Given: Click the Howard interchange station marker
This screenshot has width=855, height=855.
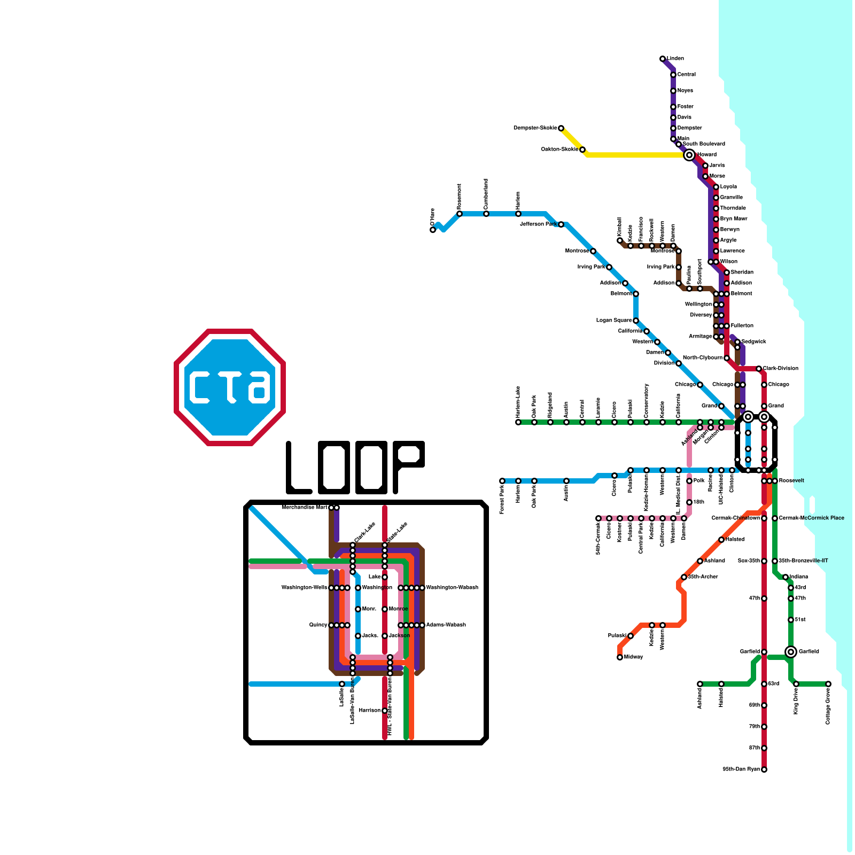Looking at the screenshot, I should click(689, 155).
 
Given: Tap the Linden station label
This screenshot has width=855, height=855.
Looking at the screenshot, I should click(675, 59).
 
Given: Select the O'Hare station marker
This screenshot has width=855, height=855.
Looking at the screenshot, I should click(433, 230).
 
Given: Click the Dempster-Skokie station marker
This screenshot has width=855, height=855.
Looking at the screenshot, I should click(561, 128).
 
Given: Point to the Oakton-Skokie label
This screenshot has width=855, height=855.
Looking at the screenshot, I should click(559, 150).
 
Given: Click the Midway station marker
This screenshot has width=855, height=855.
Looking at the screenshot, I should click(620, 657).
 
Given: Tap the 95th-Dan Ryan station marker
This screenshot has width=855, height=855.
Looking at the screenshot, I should click(764, 770).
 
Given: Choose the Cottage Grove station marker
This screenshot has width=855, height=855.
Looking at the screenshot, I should click(828, 684).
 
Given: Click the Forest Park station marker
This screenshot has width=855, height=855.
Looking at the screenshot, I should click(502, 481).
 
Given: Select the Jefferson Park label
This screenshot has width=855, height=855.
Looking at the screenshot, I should click(538, 224).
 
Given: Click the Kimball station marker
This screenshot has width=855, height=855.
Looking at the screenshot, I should click(620, 240).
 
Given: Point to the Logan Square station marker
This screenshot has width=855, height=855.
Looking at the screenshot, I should click(636, 321).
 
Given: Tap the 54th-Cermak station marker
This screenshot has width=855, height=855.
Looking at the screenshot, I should click(598, 518).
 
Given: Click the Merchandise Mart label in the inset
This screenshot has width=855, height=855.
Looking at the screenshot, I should click(305, 508).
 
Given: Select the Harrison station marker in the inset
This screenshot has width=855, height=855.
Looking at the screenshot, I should click(385, 711).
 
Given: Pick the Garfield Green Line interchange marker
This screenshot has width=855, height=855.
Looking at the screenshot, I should click(791, 652).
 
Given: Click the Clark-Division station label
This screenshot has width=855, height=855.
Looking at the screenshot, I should click(780, 369).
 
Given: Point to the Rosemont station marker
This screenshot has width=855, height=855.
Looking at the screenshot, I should click(460, 214).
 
